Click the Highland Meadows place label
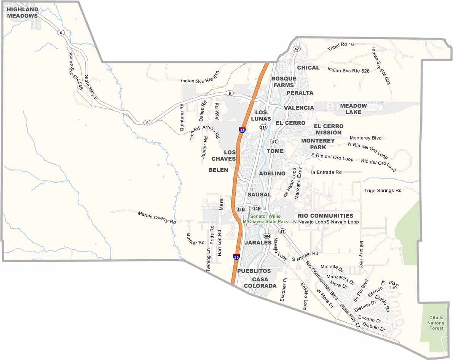(22, 13)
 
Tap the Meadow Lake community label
(353, 109)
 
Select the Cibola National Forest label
(436, 323)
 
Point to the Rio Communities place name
(325, 216)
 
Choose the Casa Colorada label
(260, 283)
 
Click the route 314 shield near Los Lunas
(263, 127)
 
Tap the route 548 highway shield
(240, 210)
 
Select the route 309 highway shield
(256, 209)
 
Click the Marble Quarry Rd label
(157, 217)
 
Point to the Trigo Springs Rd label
(383, 190)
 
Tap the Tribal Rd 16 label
(341, 47)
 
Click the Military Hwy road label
(362, 253)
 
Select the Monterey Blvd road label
(365, 138)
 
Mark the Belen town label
(218, 170)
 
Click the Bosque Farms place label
(284, 82)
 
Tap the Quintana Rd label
(182, 118)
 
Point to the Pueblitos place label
(254, 271)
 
